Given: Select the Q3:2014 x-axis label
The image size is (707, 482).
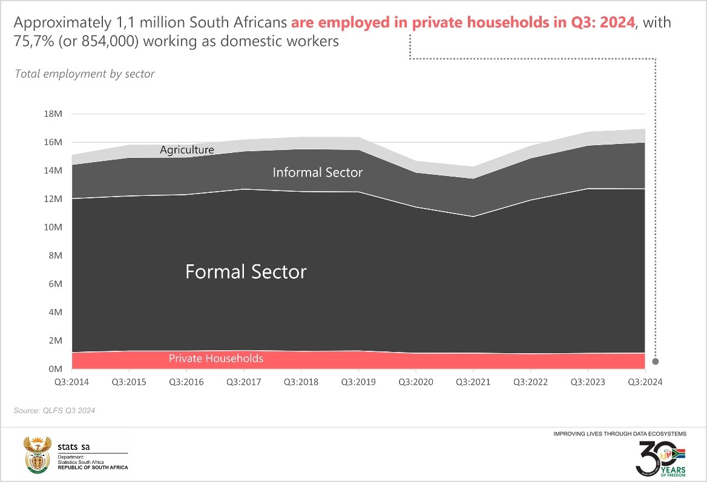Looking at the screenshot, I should click(71, 382).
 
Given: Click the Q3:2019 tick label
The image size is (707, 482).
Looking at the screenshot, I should click(358, 382).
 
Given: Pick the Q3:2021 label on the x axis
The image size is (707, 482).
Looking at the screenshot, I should click(473, 382).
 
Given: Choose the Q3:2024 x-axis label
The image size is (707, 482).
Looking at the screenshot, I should click(645, 382).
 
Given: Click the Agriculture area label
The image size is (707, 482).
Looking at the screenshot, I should click(187, 149).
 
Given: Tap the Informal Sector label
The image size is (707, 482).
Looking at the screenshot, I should click(317, 172).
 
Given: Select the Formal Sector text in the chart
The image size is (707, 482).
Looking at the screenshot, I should click(246, 272).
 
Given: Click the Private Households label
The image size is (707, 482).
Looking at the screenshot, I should click(216, 359).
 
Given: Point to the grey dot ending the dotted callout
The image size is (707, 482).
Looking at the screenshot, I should click(655, 362).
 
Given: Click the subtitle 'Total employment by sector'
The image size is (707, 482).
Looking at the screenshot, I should click(84, 74).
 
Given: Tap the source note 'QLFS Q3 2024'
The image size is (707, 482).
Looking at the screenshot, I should click(54, 411).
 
